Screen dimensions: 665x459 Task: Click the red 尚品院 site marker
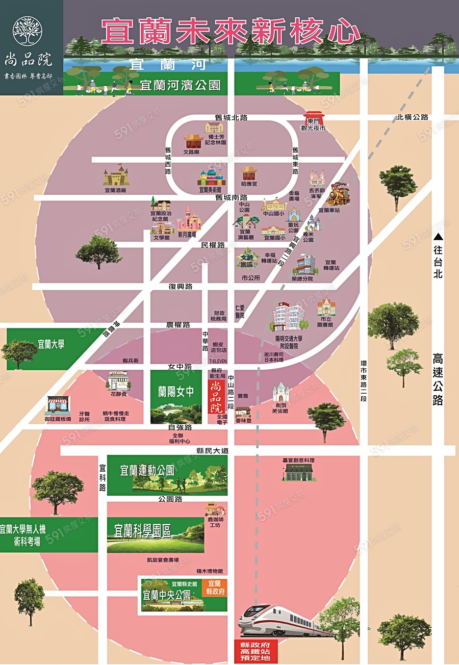(216, 397)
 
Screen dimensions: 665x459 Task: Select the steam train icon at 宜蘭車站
(338, 194)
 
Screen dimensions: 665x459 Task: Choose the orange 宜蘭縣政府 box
(214, 588)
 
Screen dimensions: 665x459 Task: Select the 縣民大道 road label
(213, 451)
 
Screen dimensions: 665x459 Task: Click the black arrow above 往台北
(438, 237)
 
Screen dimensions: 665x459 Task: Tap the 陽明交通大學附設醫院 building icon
(288, 316)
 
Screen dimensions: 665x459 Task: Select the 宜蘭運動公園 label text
(147, 470)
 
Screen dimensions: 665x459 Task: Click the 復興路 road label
(181, 287)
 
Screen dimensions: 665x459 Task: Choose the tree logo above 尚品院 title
(28, 31)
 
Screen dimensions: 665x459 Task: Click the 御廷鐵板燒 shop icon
(57, 406)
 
